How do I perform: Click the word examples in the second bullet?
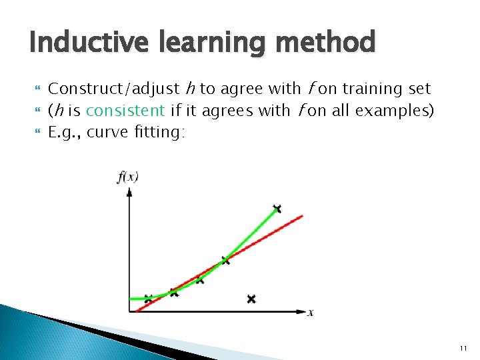[395, 111]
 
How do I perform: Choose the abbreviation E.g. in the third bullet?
[65, 131]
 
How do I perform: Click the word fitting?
[159, 131]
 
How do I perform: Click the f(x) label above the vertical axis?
[127, 177]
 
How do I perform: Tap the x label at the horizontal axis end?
[311, 312]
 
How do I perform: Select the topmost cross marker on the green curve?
[277, 209]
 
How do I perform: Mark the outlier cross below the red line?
[251, 299]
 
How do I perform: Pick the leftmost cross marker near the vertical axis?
[148, 298]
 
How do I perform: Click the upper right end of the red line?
[302, 216]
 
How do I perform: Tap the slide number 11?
[463, 349]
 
